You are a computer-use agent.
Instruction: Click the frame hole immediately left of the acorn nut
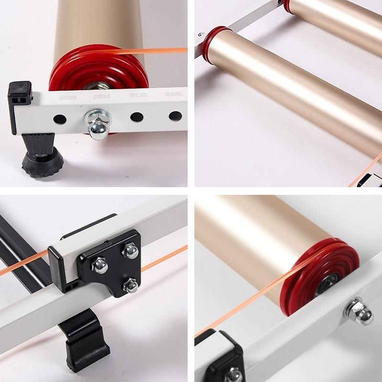pyautogui.click(x=60, y=118)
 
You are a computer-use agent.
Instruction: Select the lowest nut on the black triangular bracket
pyautogui.click(x=131, y=286)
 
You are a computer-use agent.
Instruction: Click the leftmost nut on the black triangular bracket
pyautogui.click(x=99, y=265)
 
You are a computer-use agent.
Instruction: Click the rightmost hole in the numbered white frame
pyautogui.click(x=175, y=116)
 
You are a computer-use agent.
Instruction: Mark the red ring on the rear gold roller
pyautogui.click(x=287, y=6)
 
